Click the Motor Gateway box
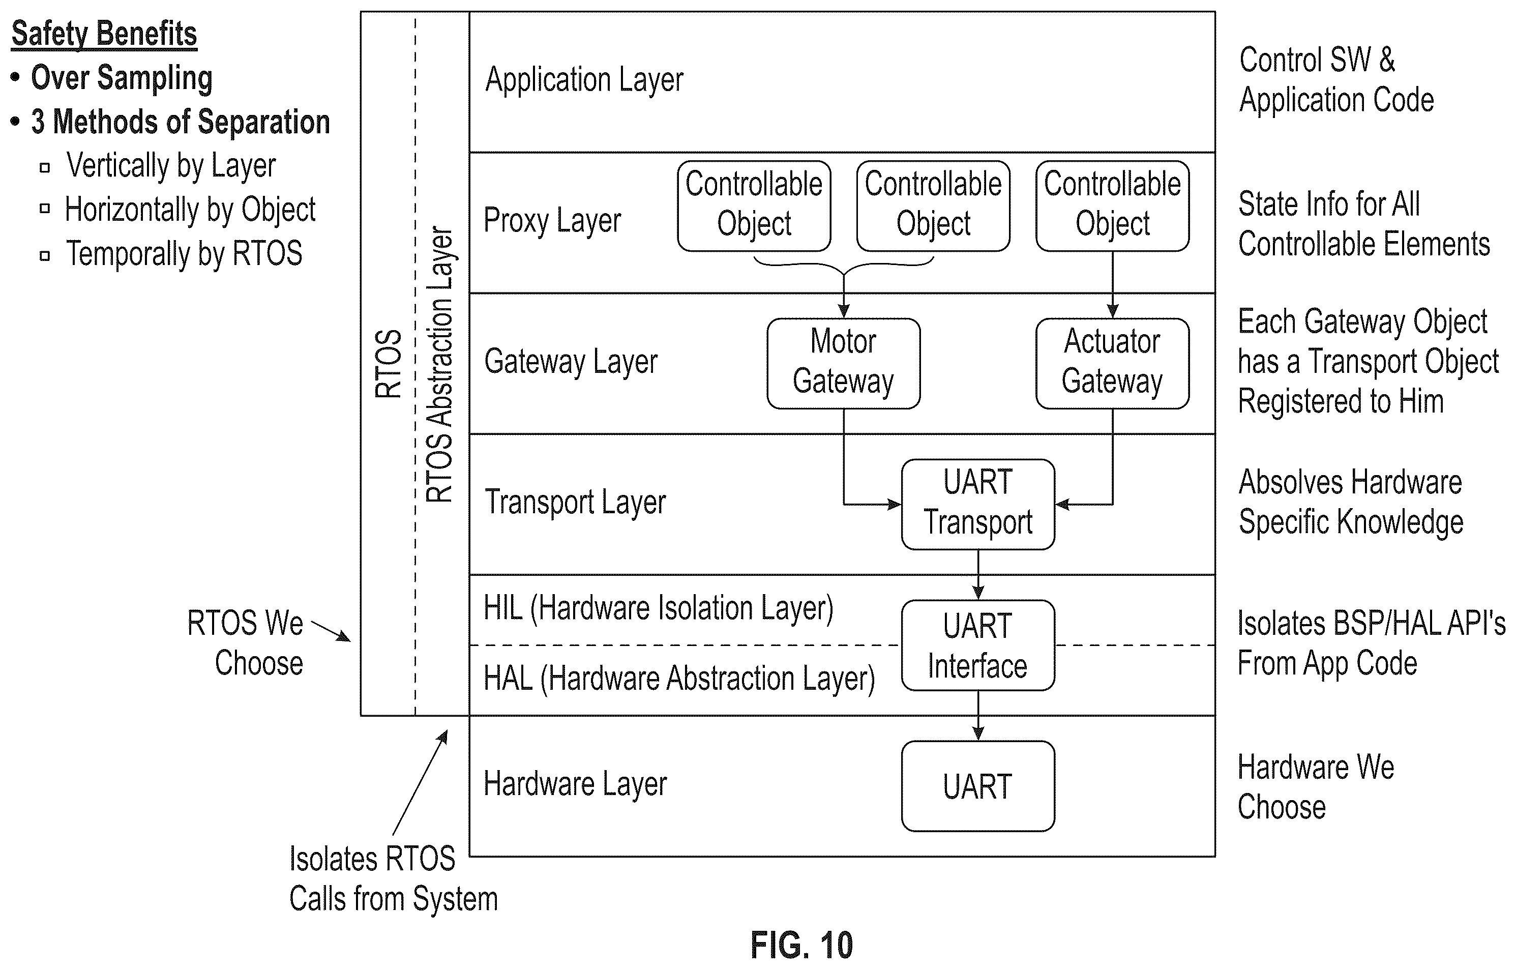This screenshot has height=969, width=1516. pyautogui.click(x=843, y=363)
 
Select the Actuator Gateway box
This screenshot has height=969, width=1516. pyautogui.click(x=1112, y=363)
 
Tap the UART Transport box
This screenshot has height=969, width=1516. pyautogui.click(x=978, y=504)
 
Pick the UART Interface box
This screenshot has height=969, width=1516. pyautogui.click(x=978, y=645)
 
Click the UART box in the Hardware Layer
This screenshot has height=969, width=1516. pyautogui.click(x=978, y=786)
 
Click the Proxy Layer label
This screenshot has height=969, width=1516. pyautogui.click(x=552, y=221)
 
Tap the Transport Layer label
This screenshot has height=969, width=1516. pyautogui.click(x=575, y=503)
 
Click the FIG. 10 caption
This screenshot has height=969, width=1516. pyautogui.click(x=801, y=945)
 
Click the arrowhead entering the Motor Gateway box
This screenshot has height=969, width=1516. pyautogui.click(x=844, y=311)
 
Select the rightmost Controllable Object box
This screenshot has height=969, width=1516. pyautogui.click(x=1112, y=206)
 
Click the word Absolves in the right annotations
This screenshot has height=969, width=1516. pyautogui.click(x=1295, y=482)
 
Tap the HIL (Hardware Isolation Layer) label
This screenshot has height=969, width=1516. pyautogui.click(x=658, y=609)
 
